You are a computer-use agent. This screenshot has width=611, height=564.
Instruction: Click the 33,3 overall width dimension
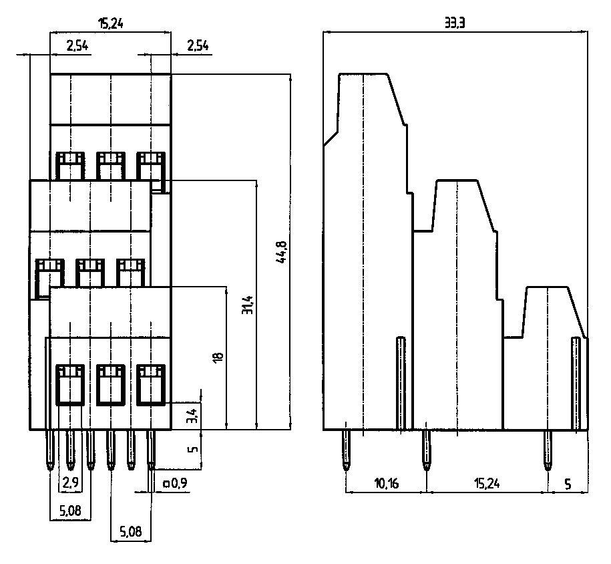455,23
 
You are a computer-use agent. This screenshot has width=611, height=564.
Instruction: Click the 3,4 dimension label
192,416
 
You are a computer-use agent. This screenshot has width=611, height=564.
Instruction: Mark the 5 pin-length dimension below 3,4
192,449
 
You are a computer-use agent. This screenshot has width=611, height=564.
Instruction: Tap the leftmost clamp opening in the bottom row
69,384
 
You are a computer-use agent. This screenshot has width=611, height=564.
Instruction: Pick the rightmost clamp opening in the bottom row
151,384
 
